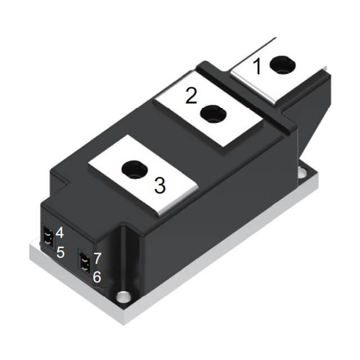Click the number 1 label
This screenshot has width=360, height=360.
coord(257,67)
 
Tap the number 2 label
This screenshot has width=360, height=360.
coord(191,96)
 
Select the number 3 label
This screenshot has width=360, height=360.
coord(160,185)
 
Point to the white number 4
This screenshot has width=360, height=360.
coord(60,232)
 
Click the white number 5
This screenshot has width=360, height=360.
coord(61,252)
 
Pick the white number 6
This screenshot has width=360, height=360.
coord(97,277)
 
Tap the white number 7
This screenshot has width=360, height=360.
coord(97,258)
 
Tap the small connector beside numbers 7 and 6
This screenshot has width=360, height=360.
coord(85,263)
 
